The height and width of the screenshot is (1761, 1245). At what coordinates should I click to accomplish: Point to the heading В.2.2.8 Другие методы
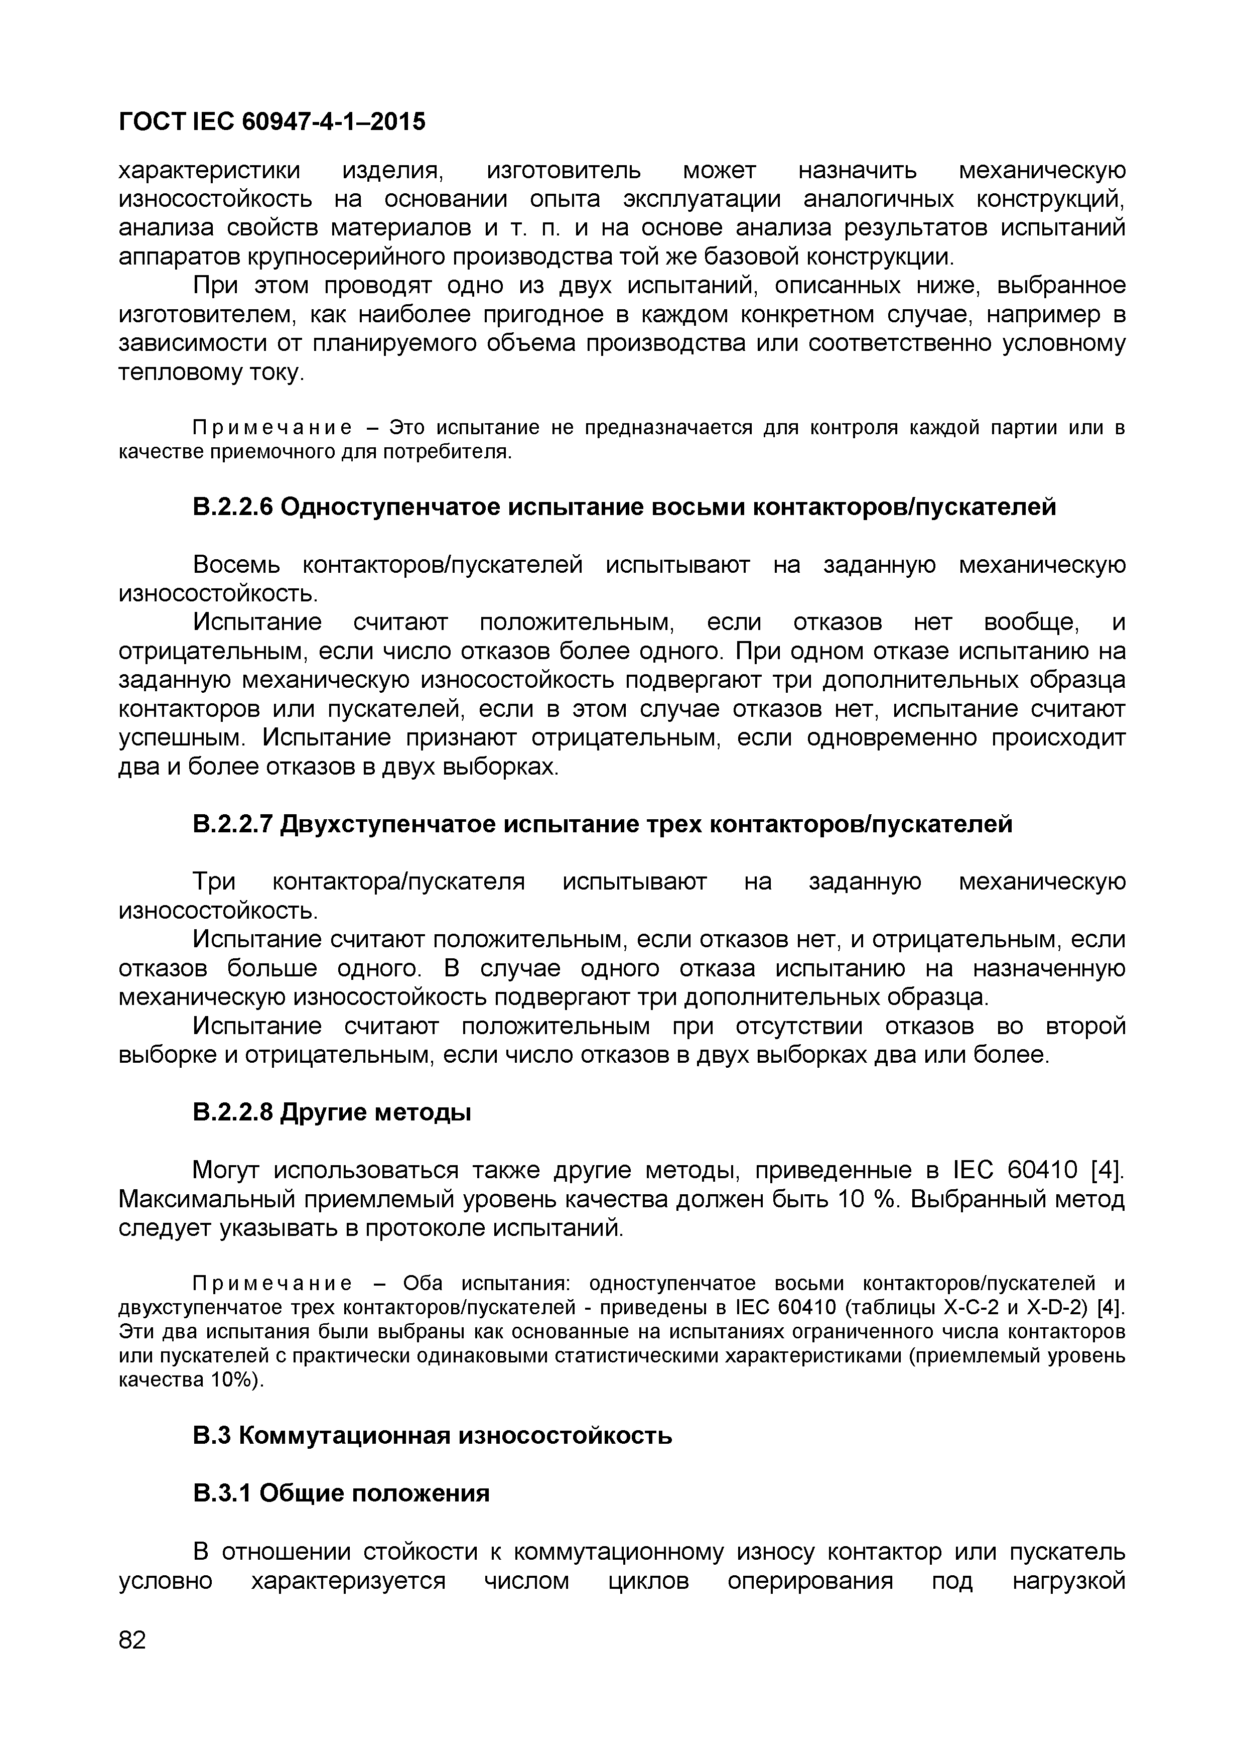click(x=331, y=1112)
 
